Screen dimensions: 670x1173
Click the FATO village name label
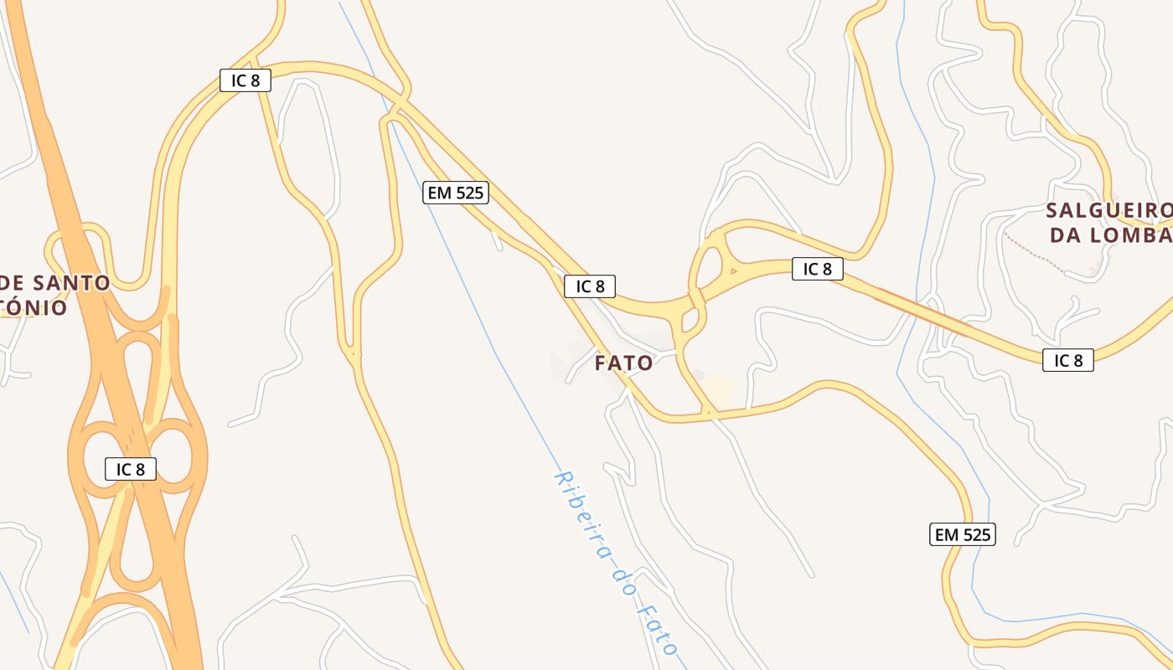(623, 363)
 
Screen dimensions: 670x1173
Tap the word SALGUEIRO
(1108, 210)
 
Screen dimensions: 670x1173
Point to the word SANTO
(71, 283)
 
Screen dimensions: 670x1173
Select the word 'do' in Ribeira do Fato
(621, 578)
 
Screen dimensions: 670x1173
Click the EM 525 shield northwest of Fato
(456, 193)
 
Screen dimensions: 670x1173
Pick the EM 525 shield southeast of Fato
(963, 534)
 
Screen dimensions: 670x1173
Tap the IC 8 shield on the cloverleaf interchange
(131, 469)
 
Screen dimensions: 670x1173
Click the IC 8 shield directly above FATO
(590, 286)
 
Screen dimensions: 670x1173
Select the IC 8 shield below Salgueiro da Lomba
(1068, 361)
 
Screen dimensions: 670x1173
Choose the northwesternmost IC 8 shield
(245, 80)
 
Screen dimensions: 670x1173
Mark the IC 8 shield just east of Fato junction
(817, 269)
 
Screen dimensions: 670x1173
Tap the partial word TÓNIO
(34, 308)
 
